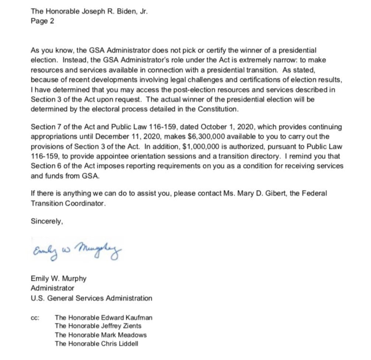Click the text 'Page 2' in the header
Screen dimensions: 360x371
point(42,21)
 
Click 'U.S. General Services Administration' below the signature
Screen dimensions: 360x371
point(91,298)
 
